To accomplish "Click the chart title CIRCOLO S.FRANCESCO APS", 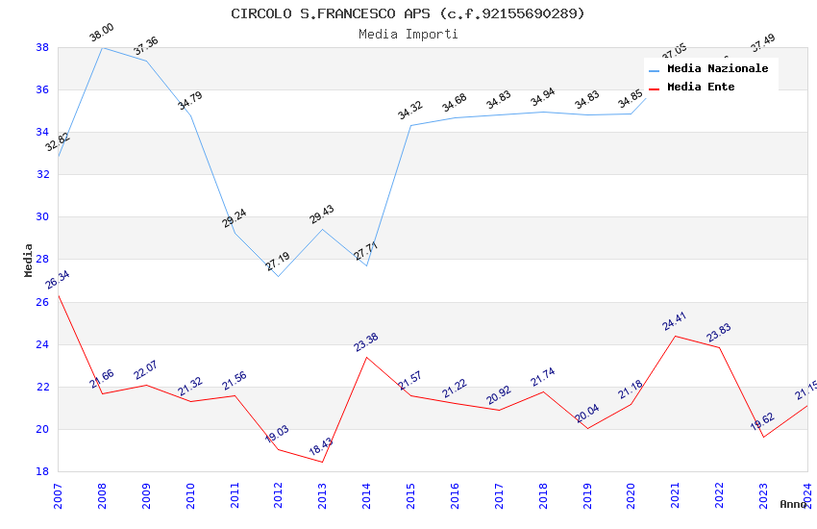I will pos(408,13).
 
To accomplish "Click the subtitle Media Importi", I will pos(408,34).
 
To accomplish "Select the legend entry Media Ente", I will pos(701,88).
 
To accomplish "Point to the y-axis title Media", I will pos(28,260).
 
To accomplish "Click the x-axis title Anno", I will pos(793,504).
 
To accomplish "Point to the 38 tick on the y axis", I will pos(42,47).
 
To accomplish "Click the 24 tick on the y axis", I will pos(42,344).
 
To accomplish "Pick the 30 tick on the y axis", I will pos(42,217).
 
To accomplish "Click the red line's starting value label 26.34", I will pos(58,280).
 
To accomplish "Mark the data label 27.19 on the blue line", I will pos(278,262).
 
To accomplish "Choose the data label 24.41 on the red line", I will pos(675,321).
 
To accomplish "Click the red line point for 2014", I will pos(366,357).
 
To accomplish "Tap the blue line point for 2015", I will pos(410,125).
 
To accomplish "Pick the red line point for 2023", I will pos(763,437).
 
